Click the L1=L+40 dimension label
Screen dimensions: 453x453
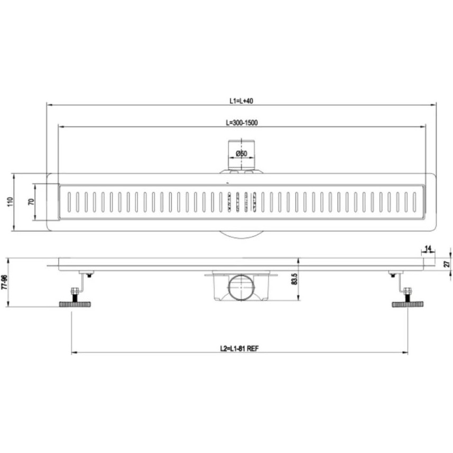click(241, 101)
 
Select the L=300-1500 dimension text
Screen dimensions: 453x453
click(242, 123)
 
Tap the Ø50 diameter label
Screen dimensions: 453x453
click(242, 153)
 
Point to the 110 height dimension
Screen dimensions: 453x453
click(10, 201)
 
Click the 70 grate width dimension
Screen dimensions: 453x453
click(31, 201)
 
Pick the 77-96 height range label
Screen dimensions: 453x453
click(4, 282)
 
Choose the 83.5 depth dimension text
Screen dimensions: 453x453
click(294, 279)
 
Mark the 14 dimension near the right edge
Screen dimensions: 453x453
click(428, 248)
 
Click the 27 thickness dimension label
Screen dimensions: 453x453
click(447, 264)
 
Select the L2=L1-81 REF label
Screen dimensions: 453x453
click(239, 349)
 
